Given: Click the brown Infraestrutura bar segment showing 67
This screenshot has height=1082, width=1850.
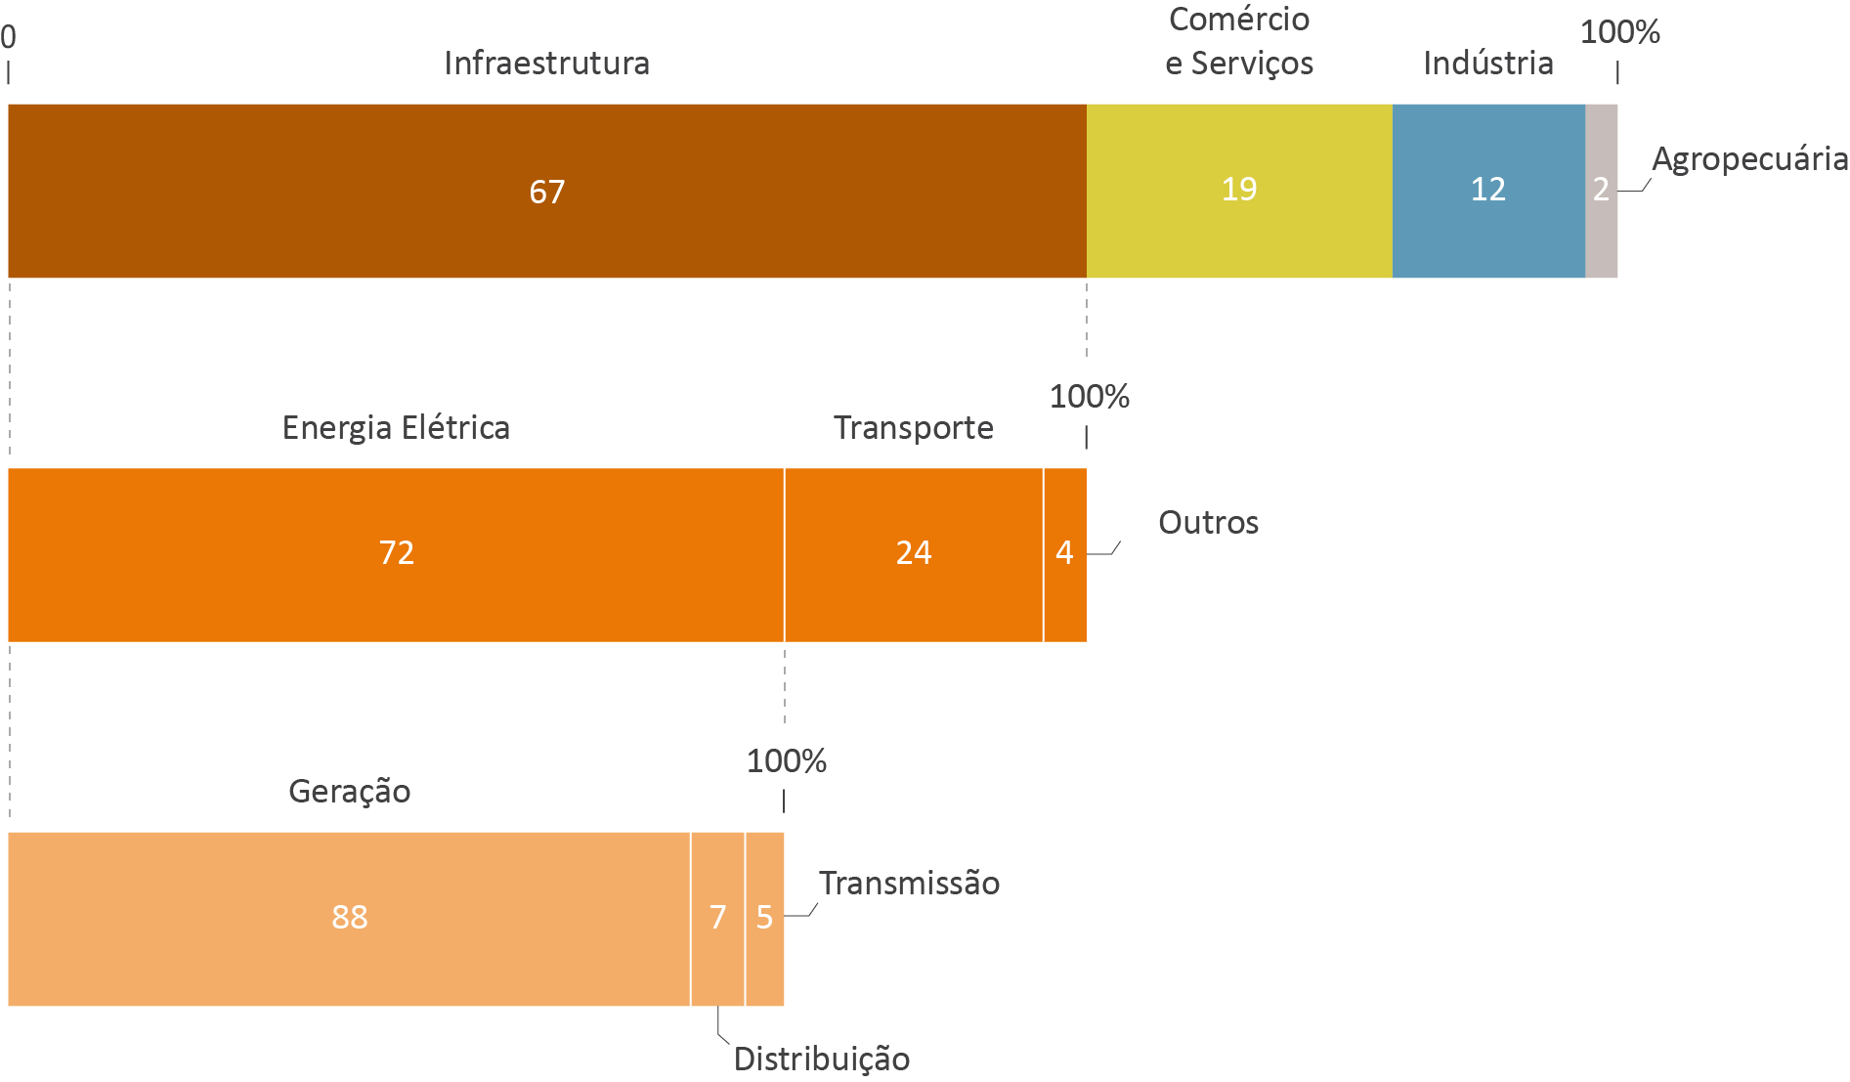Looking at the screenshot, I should pyautogui.click(x=547, y=191).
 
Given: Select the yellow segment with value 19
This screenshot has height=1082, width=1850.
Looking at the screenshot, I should pyautogui.click(x=1239, y=191).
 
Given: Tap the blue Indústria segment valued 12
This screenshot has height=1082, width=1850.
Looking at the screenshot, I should pyautogui.click(x=1487, y=191).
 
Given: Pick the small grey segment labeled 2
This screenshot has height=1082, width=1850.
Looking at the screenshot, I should pyautogui.click(x=1601, y=191).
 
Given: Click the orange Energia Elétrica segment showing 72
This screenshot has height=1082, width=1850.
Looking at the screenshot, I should pyautogui.click(x=396, y=554).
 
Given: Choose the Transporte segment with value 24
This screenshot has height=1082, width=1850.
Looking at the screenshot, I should pyautogui.click(x=913, y=554).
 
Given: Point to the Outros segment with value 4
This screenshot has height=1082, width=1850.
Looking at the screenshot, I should pyautogui.click(x=1064, y=554).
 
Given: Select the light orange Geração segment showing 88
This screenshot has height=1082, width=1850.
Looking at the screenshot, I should pyautogui.click(x=349, y=919).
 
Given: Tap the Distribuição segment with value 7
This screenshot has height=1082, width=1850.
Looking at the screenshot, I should pyautogui.click(x=717, y=919).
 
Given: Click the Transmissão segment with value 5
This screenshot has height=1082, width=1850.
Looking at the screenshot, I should pyautogui.click(x=764, y=919).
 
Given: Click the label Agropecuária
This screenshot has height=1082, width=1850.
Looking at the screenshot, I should pyautogui.click(x=1749, y=159).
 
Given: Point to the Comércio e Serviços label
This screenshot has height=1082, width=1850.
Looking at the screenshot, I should pyautogui.click(x=1239, y=41).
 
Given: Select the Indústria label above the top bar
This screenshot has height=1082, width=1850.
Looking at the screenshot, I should pyautogui.click(x=1487, y=64).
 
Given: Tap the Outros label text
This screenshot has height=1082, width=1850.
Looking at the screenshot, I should pyautogui.click(x=1208, y=523).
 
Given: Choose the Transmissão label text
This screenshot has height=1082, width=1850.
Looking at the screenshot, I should pyautogui.click(x=909, y=884).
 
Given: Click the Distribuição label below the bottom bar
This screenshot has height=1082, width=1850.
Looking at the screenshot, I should pyautogui.click(x=822, y=1060).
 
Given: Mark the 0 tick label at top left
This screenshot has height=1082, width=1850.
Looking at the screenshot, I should pyautogui.click(x=9, y=37).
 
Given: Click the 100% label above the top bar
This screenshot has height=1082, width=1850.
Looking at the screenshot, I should pyautogui.click(x=1619, y=32).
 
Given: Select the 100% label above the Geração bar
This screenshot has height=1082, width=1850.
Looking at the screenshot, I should pyautogui.click(x=786, y=761).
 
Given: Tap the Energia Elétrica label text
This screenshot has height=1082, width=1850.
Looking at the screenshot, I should pyautogui.click(x=396, y=428).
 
